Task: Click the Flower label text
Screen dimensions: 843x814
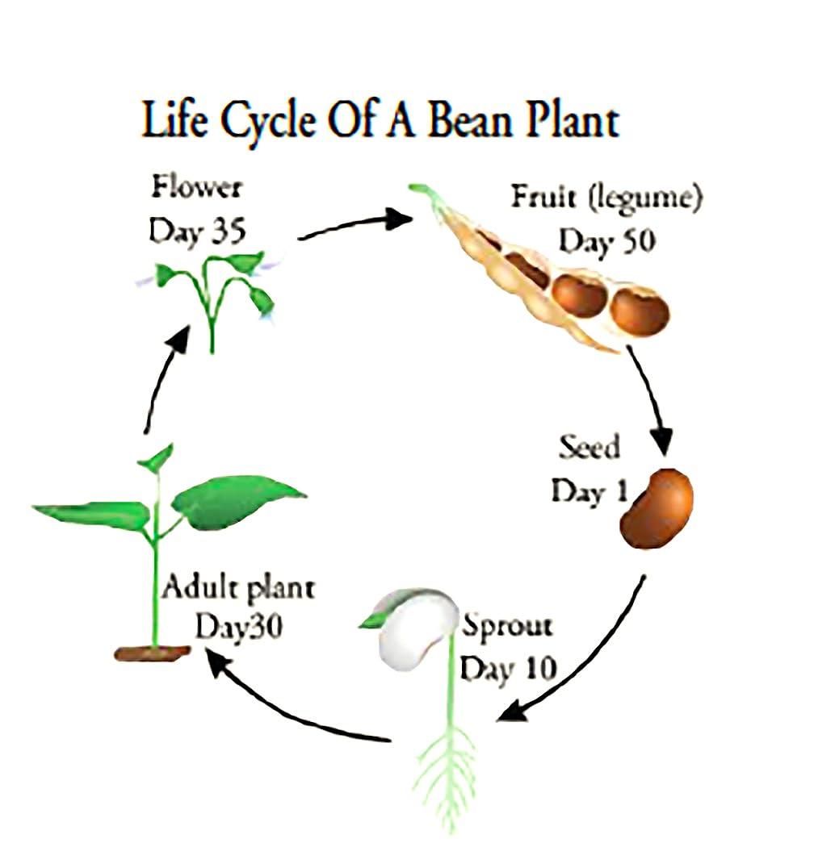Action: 196,189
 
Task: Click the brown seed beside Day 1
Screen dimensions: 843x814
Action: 657,508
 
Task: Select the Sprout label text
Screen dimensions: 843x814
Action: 506,625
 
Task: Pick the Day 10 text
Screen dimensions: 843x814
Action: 507,668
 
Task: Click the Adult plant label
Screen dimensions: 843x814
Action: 237,587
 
